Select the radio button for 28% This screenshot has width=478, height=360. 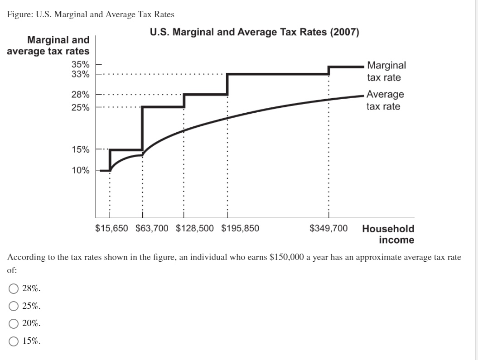pyautogui.click(x=14, y=288)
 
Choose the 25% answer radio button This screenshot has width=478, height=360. pyautogui.click(x=14, y=306)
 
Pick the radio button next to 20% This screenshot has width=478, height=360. pyautogui.click(x=14, y=323)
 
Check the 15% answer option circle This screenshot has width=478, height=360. pyautogui.click(x=14, y=341)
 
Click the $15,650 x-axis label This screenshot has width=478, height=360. pyautogui.click(x=111, y=228)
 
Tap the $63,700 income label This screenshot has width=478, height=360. pyautogui.click(x=152, y=228)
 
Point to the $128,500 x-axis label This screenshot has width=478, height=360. pyautogui.click(x=194, y=228)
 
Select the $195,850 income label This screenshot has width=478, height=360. pyautogui.click(x=240, y=228)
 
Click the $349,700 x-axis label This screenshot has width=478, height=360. pyautogui.click(x=328, y=228)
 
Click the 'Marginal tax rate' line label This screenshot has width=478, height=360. pyautogui.click(x=386, y=72)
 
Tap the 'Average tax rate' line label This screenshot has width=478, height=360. pyautogui.click(x=385, y=101)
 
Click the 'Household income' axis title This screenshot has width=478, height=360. pyautogui.click(x=388, y=234)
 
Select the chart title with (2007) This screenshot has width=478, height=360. pyautogui.click(x=254, y=33)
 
